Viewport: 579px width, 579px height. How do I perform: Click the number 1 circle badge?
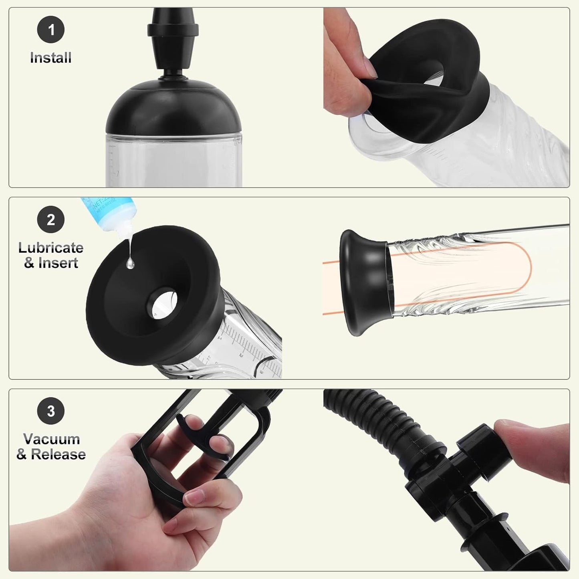pos(51,30)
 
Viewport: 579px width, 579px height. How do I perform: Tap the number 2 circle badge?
pos(51,220)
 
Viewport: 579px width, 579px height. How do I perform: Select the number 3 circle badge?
pos(51,411)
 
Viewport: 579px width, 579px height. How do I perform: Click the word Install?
pos(51,58)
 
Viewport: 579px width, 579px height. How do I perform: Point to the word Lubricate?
pos(51,248)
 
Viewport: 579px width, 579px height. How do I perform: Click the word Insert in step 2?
pos(59,263)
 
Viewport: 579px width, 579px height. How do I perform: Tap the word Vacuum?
pos(51,439)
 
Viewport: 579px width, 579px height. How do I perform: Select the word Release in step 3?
pos(59,454)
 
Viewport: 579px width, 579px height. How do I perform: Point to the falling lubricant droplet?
pos(130,262)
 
